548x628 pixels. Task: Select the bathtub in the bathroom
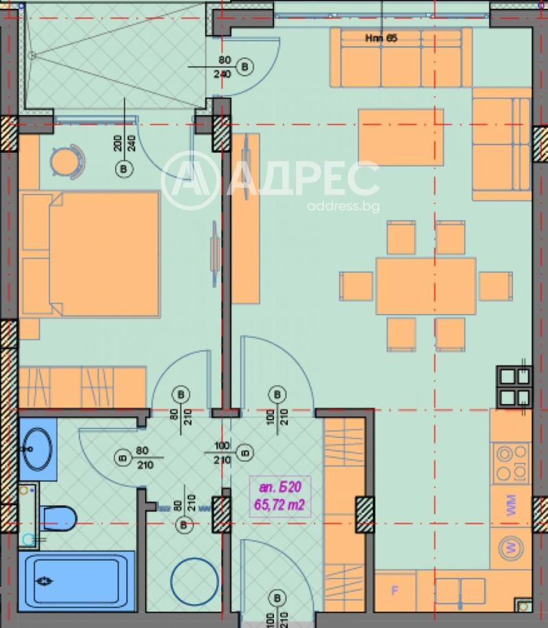pos(79,581)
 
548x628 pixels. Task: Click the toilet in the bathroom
pos(58,517)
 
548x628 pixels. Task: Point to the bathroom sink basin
pos(38,449)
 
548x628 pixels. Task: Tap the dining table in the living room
pos(425,286)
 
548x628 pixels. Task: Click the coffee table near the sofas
pos(400,136)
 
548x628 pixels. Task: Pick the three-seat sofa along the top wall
pos(401,59)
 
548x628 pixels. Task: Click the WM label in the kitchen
pos(511,506)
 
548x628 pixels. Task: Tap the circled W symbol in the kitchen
pos(511,548)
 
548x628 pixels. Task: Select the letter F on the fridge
pos(394,590)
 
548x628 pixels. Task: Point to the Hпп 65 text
pos(381,38)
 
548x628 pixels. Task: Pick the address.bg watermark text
pos(343,206)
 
